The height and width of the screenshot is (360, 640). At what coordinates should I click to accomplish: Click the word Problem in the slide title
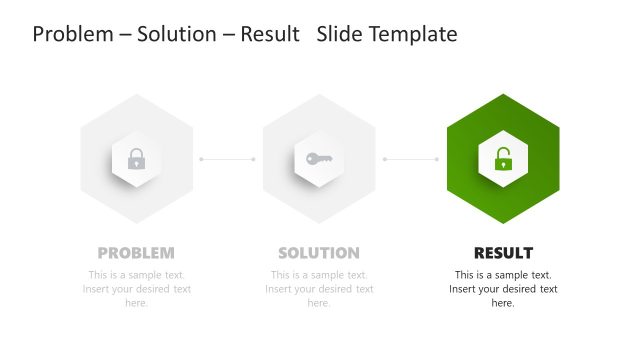71,34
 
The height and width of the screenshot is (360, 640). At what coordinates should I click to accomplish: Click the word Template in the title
412,34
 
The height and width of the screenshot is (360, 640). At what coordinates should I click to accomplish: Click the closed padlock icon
136,158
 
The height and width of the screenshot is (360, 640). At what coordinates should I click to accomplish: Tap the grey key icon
319,158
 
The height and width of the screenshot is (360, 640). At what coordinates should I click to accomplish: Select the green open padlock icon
503,158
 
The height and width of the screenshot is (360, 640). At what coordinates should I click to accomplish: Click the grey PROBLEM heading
136,253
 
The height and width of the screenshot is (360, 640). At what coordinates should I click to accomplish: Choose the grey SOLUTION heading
319,253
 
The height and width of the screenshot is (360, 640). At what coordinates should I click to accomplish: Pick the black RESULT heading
503,253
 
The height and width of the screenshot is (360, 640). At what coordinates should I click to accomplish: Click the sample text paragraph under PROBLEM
136,289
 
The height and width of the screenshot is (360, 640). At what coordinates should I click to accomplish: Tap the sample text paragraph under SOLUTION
319,289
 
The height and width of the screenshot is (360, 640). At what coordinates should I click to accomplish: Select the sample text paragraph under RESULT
503,289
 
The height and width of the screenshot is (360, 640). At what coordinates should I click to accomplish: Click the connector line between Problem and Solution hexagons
227,159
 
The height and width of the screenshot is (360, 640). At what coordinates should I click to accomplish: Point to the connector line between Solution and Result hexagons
411,159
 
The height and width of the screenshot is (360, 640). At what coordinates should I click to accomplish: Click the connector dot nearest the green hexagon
437,159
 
